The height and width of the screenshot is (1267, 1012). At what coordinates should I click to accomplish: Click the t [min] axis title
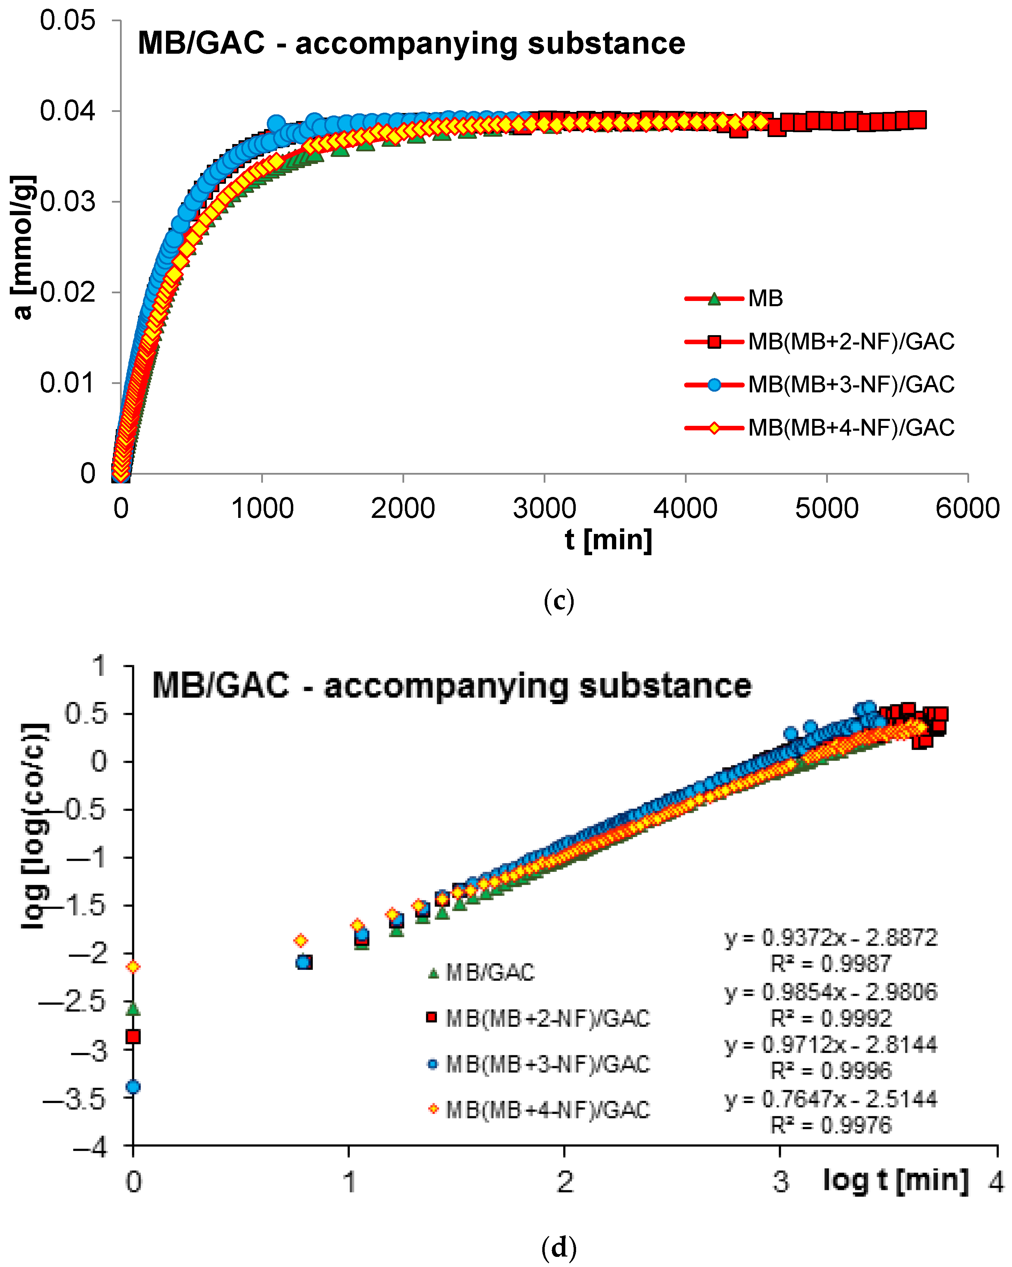[608, 540]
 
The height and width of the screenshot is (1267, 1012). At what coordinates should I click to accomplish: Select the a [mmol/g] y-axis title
[23, 247]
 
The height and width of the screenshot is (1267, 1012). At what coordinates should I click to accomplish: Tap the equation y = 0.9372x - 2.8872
[830, 937]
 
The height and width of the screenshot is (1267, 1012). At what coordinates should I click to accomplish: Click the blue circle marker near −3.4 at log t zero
[134, 1087]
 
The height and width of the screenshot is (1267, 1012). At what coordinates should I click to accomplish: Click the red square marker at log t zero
[134, 1036]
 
